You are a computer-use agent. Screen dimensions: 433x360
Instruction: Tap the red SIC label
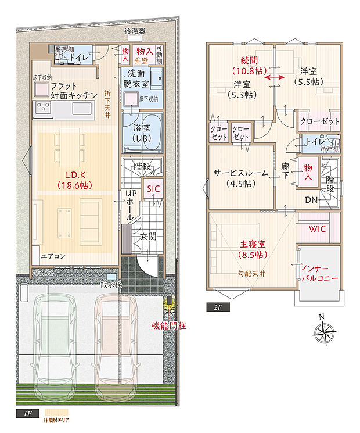pos(153,189)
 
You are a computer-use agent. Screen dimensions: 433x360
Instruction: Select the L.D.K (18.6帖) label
pos(73,180)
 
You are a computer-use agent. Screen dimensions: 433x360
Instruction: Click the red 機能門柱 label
pos(169,325)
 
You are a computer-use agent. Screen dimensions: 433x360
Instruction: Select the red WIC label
pos(317,228)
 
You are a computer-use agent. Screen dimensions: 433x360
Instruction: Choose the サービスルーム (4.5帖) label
pos(240,178)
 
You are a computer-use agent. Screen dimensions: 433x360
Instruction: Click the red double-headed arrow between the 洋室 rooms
pos(275,77)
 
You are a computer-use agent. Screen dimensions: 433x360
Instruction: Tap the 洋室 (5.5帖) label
pos(308,76)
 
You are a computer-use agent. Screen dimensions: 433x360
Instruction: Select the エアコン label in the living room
pos(53,256)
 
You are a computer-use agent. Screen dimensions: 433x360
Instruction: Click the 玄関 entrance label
pos(148,237)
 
